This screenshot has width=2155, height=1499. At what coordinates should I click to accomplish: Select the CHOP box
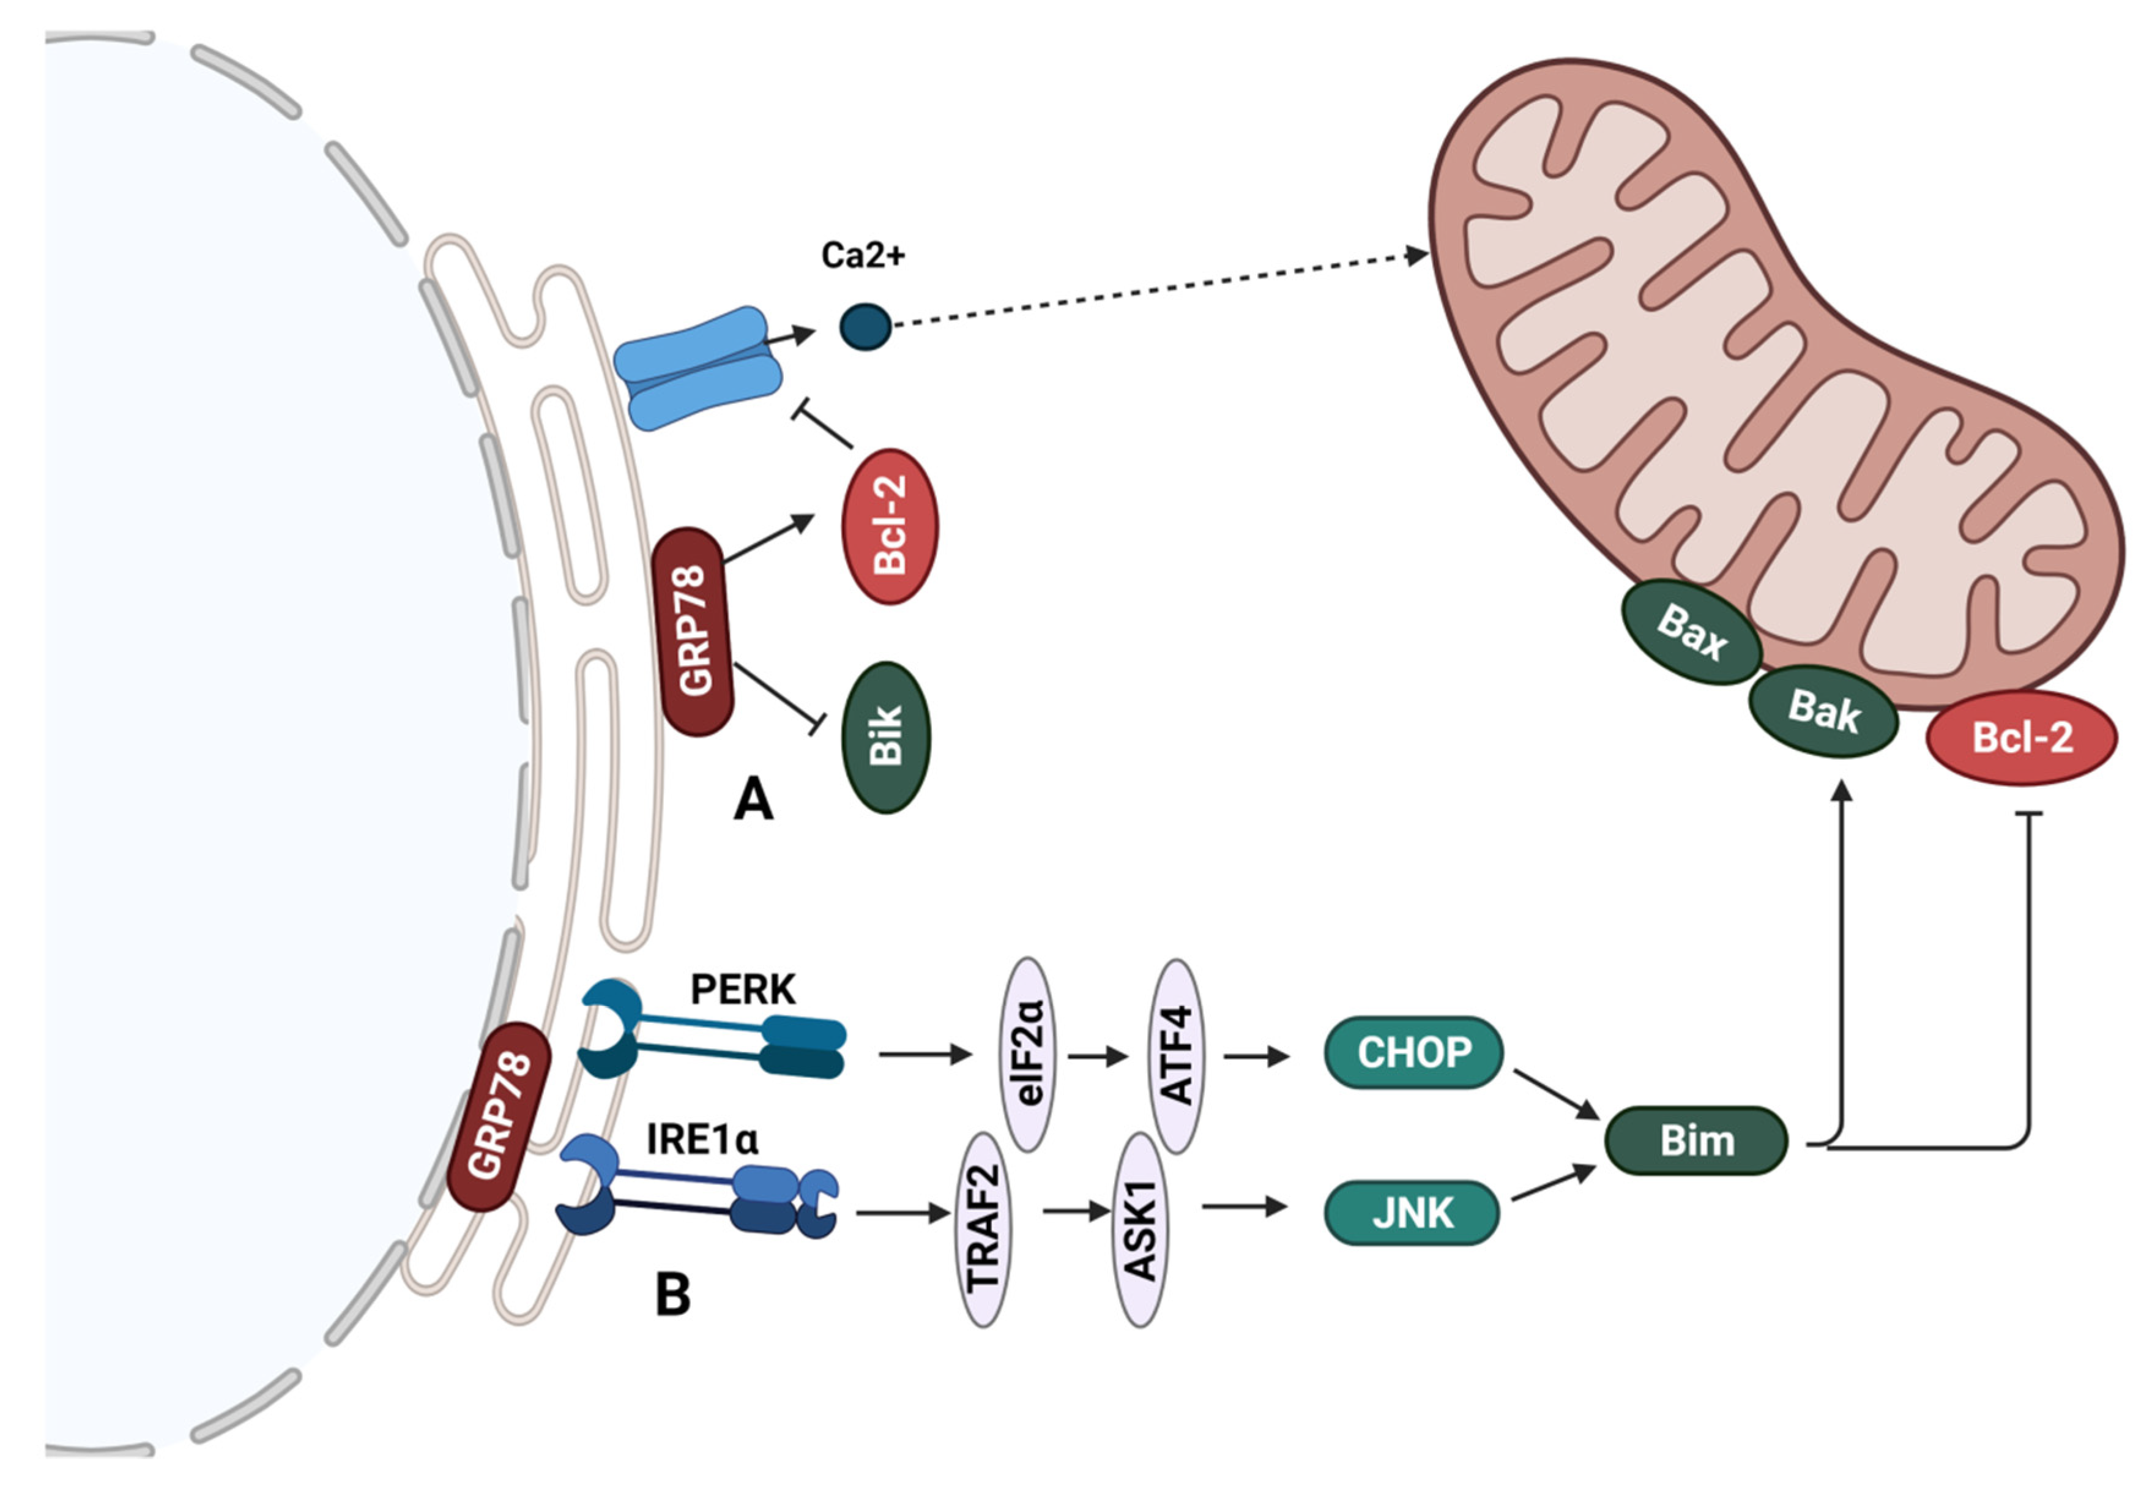pos(1413,1052)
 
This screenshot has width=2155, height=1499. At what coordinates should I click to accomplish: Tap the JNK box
pos(1412,1213)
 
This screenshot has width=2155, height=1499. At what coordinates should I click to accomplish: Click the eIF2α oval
pos(1029,1054)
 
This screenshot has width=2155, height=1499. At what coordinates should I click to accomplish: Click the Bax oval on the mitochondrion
pos(1691,632)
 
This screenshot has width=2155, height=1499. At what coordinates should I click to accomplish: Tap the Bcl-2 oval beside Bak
pos(2022,738)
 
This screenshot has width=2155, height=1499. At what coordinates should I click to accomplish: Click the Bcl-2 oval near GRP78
pos(890,526)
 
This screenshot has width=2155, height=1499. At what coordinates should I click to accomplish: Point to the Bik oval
pos(886,737)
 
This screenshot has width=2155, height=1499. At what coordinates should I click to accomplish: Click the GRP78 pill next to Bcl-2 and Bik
pos(696,631)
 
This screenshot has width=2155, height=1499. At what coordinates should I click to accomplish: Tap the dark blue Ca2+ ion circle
pos(865,327)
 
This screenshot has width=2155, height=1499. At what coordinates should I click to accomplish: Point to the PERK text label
pos(742,989)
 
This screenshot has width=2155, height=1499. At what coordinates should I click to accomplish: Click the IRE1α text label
pos(702,1140)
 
